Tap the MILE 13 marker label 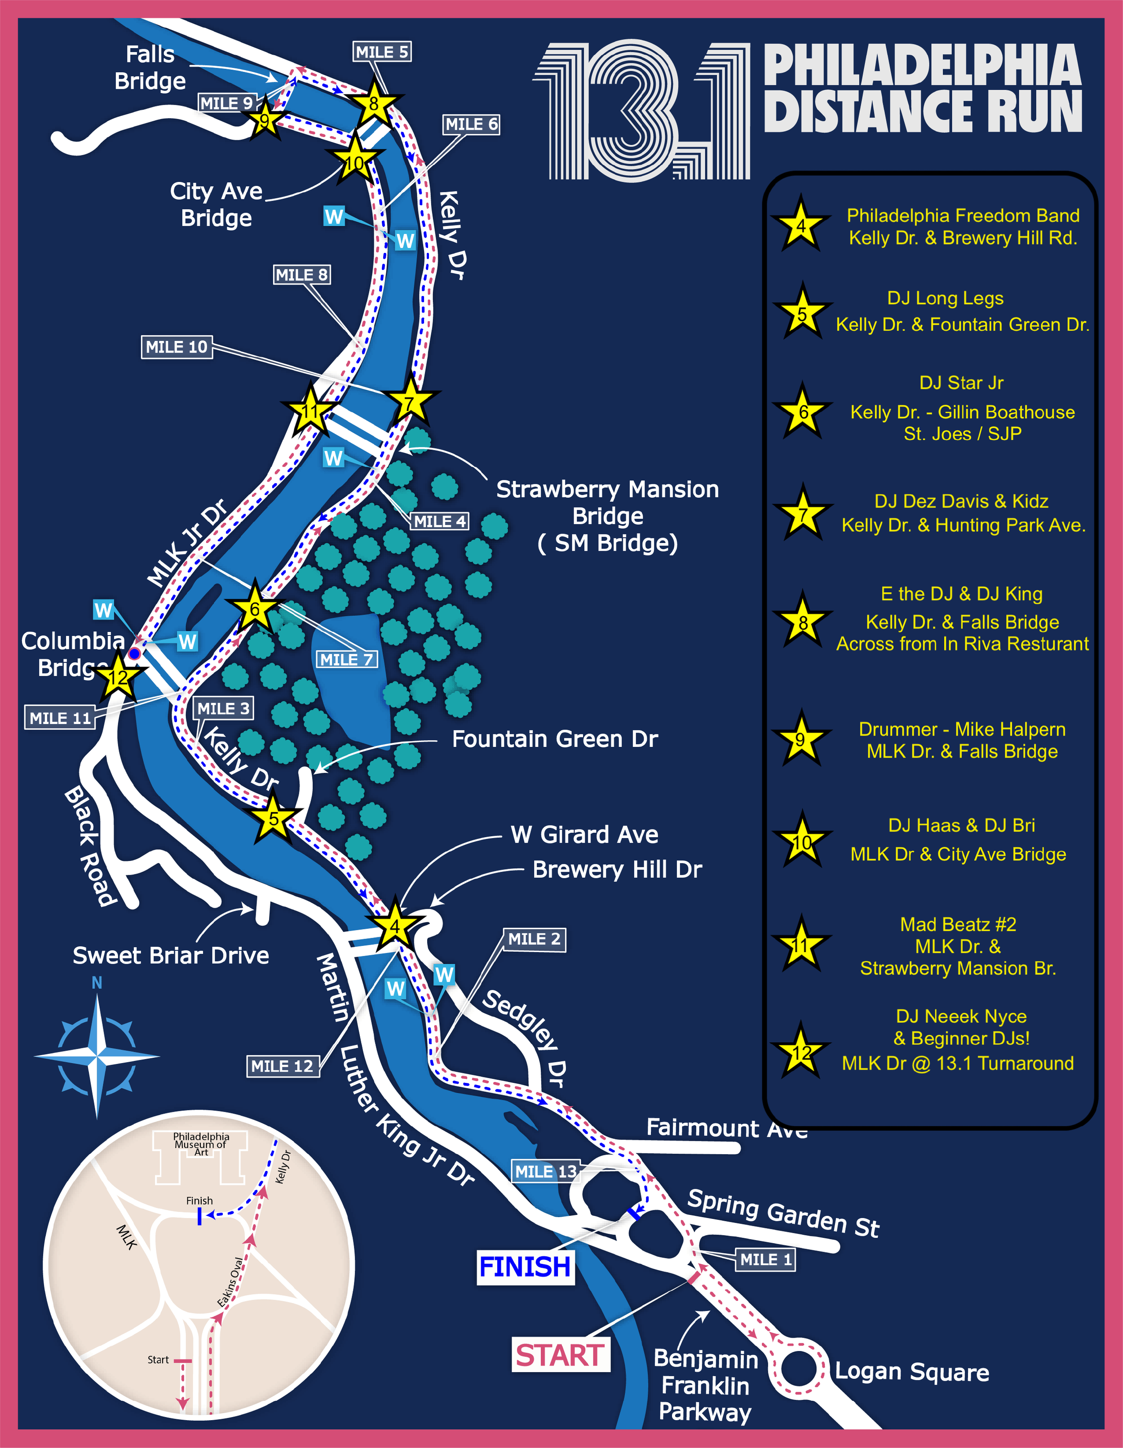point(546,1171)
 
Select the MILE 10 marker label point(177,346)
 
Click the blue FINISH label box point(525,1267)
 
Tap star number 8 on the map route point(374,103)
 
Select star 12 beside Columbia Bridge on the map point(118,677)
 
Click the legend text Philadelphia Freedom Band point(963,216)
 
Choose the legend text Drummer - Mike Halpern point(962,729)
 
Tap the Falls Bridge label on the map point(150,68)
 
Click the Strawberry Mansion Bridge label point(607,516)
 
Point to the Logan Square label point(911,1372)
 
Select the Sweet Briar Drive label point(171,955)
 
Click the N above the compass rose point(97,983)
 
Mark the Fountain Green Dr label point(555,738)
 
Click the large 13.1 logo point(642,111)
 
